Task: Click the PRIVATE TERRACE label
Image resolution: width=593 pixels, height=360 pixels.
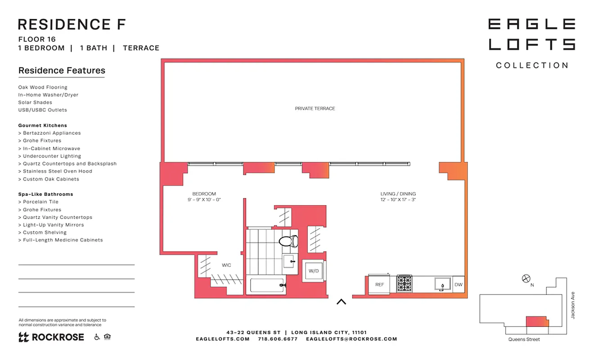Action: tap(314, 108)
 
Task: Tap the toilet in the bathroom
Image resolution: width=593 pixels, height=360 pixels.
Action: tap(288, 241)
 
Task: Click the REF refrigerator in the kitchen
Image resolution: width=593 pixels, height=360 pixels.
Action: tap(380, 284)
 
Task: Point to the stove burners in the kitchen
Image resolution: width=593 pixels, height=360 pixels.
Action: tap(404, 284)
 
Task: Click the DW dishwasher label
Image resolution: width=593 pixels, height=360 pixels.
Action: tap(458, 284)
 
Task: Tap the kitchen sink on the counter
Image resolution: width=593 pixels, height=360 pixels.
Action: tap(442, 284)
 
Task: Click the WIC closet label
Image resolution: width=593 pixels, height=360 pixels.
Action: tap(226, 265)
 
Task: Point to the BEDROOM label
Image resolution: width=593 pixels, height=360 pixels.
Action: tap(204, 194)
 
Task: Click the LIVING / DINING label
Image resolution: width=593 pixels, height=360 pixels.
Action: tap(398, 194)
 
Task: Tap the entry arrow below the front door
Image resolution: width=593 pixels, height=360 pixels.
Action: tap(341, 302)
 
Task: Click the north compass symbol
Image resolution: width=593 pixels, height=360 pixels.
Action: tap(526, 279)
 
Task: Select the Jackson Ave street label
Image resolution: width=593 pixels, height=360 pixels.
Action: tap(573, 306)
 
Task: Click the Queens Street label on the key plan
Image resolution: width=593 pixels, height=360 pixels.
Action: tap(524, 339)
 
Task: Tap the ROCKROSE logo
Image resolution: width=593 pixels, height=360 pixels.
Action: tap(51, 337)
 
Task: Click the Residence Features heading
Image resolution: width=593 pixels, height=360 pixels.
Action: tap(62, 71)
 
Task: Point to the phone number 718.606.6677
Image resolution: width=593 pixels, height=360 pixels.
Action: tap(278, 339)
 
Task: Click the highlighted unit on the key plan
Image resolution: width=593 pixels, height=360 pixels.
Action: tap(537, 321)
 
